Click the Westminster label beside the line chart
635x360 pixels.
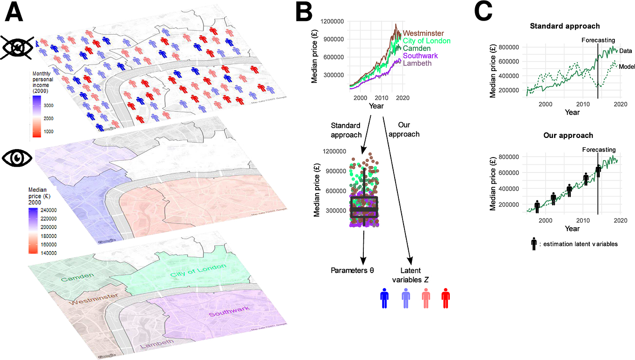click(423, 33)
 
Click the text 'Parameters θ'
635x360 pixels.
click(354, 270)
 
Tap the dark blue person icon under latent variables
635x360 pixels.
click(384, 298)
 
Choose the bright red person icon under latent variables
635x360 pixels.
click(445, 298)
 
